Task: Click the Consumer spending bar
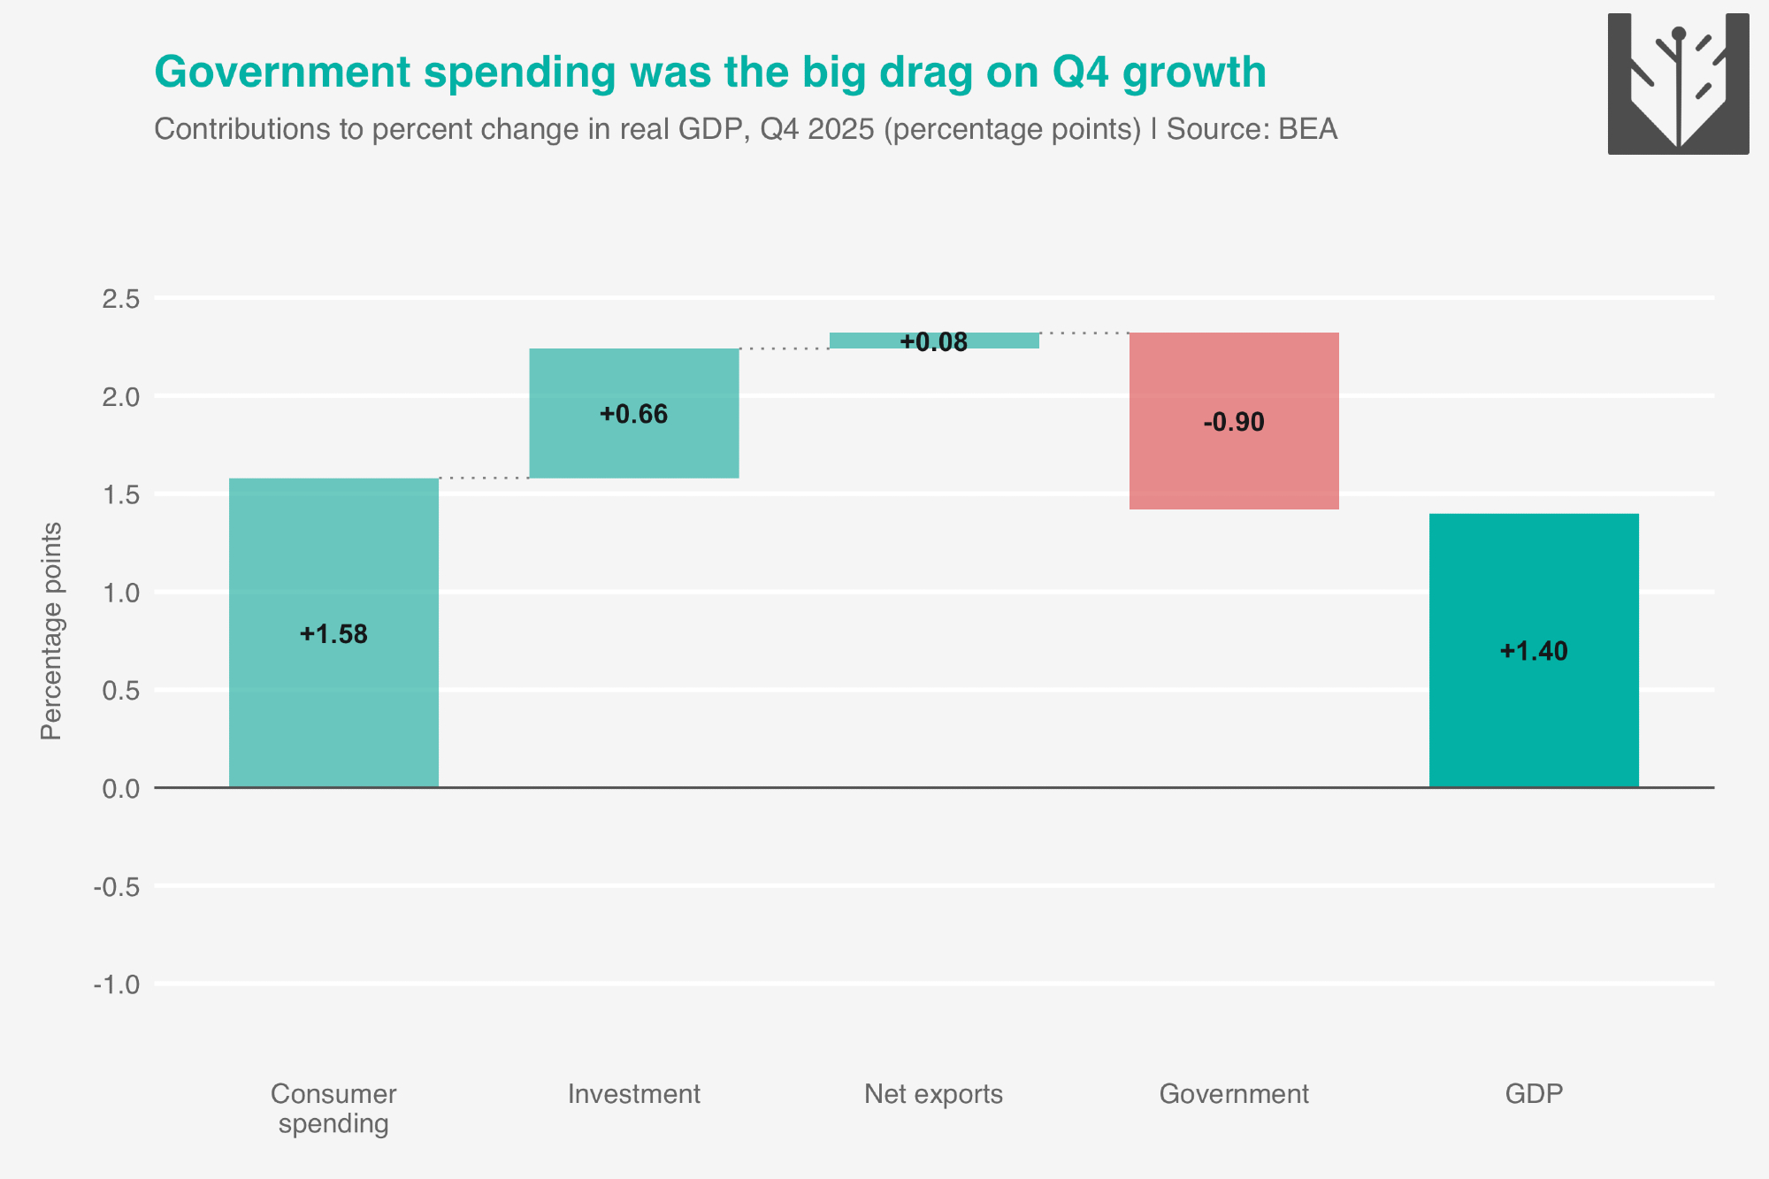pyautogui.click(x=333, y=632)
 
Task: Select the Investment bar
pyautogui.click(x=634, y=413)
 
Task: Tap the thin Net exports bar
pyautogui.click(x=934, y=341)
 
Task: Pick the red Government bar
pyautogui.click(x=1234, y=421)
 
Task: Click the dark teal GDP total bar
pyautogui.click(x=1534, y=650)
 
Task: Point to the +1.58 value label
pyautogui.click(x=333, y=634)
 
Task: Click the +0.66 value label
pyautogui.click(x=634, y=414)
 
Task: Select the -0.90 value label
pyautogui.click(x=1234, y=422)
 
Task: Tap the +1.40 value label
pyautogui.click(x=1534, y=651)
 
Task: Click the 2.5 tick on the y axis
pyautogui.click(x=121, y=299)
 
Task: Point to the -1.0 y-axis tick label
pyautogui.click(x=117, y=984)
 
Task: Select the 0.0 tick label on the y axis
pyautogui.click(x=121, y=788)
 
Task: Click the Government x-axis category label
pyautogui.click(x=1234, y=1094)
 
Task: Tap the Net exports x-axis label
pyautogui.click(x=934, y=1094)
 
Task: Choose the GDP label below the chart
pyautogui.click(x=1534, y=1094)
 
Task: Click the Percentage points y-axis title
pyautogui.click(x=51, y=631)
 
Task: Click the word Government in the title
pyautogui.click(x=283, y=72)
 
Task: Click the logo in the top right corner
pyautogui.click(x=1678, y=84)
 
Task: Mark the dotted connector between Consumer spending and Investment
pyautogui.click(x=484, y=478)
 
